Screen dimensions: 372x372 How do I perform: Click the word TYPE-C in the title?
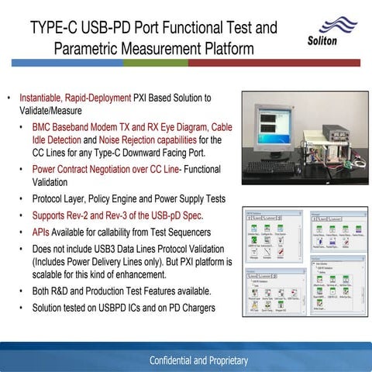57,29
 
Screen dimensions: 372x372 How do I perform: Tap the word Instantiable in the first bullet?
41,98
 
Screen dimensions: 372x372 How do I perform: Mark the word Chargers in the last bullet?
193,307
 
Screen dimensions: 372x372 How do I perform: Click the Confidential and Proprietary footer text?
199,361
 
